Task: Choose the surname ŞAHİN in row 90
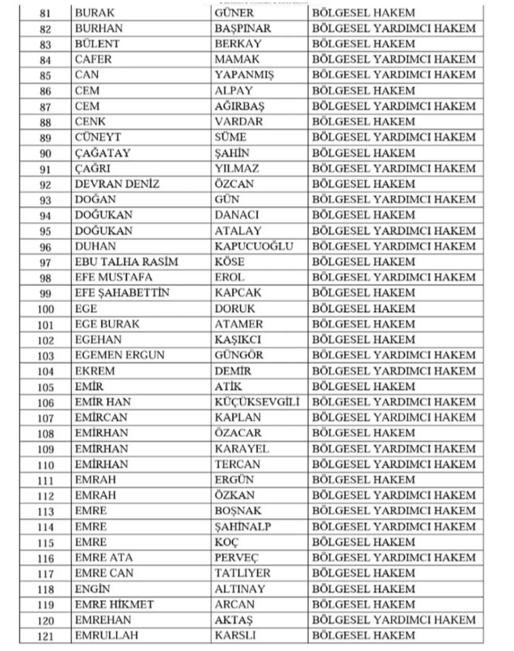238,153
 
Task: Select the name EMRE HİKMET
114,604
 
